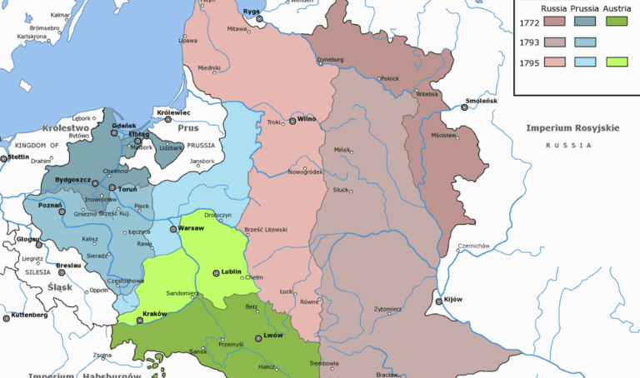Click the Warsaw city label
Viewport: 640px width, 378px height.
[x=192, y=228]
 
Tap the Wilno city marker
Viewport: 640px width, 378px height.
[x=292, y=121]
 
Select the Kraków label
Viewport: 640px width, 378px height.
[x=155, y=313]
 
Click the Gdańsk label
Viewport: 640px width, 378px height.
[x=123, y=126]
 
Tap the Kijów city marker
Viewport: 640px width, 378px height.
[x=438, y=302]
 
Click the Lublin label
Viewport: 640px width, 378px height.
[x=231, y=271]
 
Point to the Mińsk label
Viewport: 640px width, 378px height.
[x=342, y=149]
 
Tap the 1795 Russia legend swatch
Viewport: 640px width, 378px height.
[x=554, y=62]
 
